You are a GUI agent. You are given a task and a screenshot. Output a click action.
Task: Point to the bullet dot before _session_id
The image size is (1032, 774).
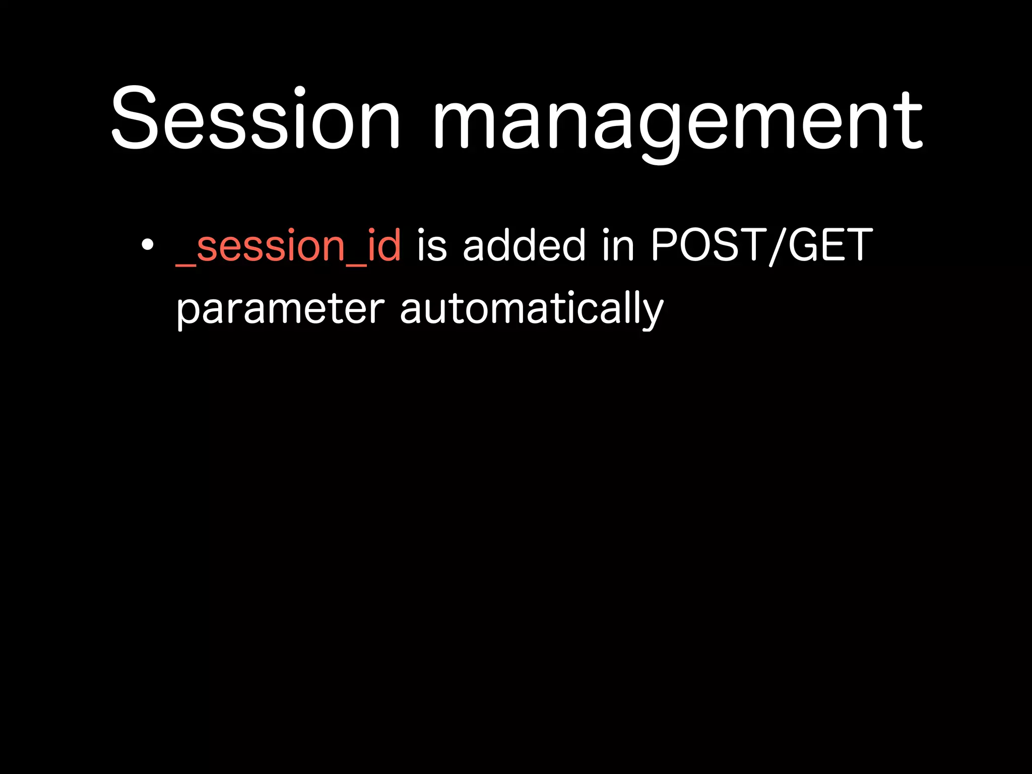[x=147, y=245]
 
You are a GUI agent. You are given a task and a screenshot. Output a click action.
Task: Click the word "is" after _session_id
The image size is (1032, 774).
[x=432, y=246]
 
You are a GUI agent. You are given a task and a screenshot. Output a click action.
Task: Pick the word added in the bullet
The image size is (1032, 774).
[x=524, y=245]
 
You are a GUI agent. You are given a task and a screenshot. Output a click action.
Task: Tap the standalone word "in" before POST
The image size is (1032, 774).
[x=618, y=246]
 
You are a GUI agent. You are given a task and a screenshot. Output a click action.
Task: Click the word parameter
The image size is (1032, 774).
[x=280, y=309]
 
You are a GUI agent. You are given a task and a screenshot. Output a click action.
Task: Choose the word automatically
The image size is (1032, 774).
[x=532, y=309]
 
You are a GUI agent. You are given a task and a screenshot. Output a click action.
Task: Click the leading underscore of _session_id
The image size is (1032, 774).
[x=185, y=263]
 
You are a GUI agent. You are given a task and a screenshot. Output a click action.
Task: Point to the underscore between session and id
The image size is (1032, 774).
[x=356, y=263]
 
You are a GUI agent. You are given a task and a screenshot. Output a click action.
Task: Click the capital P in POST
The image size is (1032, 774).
[x=664, y=245]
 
